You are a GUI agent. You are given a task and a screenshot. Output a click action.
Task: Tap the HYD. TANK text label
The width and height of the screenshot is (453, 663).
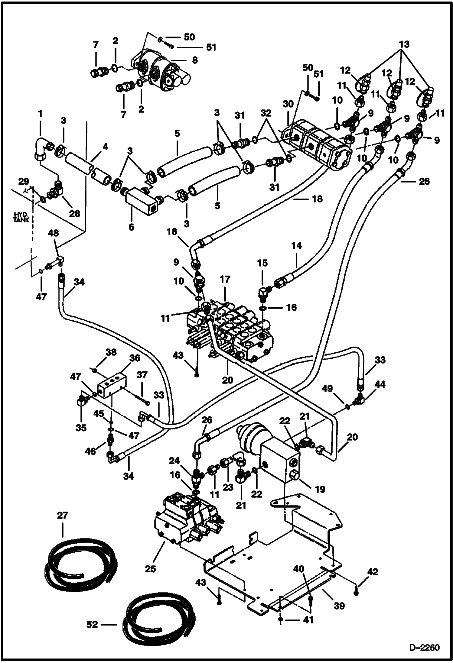(21, 217)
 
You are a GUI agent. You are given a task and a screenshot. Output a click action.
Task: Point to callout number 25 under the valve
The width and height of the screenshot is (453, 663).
(150, 569)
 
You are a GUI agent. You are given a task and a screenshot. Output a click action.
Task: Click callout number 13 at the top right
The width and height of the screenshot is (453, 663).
(404, 44)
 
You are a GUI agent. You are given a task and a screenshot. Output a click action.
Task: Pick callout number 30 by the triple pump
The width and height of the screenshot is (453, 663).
(288, 104)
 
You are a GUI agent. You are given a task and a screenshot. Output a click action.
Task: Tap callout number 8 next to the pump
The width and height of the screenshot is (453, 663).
(195, 60)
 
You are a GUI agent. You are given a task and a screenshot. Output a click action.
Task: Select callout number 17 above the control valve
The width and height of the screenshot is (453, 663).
(225, 279)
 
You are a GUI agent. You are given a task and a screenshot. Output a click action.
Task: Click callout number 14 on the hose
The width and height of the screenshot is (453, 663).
(297, 245)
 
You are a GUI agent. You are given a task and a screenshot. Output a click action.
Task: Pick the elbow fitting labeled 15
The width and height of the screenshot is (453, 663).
(264, 292)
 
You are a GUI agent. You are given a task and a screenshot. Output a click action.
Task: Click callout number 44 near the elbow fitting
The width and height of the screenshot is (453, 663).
(380, 385)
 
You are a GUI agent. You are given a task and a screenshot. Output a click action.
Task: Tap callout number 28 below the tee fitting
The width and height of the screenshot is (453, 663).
(75, 213)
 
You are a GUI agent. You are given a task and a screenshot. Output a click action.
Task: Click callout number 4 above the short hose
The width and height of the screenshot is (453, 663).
(105, 147)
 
